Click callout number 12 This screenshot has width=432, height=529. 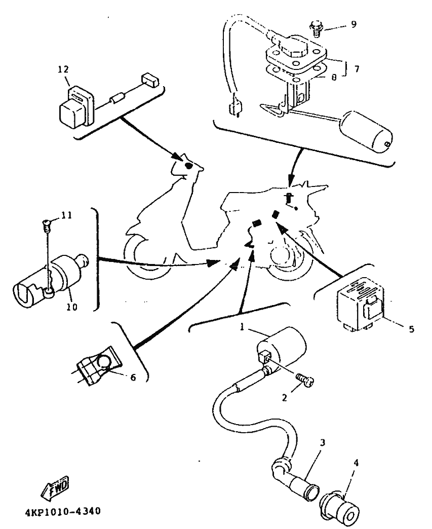click(66, 69)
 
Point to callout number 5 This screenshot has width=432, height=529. click(411, 329)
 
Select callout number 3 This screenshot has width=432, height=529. click(323, 442)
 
